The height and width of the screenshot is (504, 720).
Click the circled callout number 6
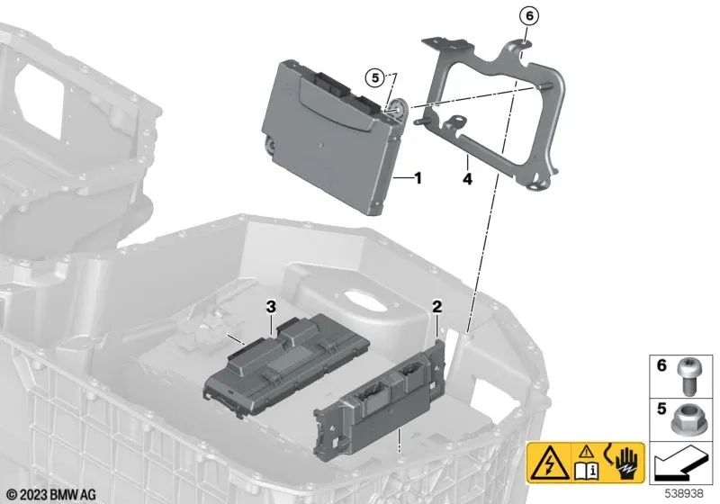pyautogui.click(x=529, y=15)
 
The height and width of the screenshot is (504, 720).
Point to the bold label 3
pyautogui.click(x=269, y=308)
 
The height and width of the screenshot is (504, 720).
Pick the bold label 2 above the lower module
pyautogui.click(x=436, y=308)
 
